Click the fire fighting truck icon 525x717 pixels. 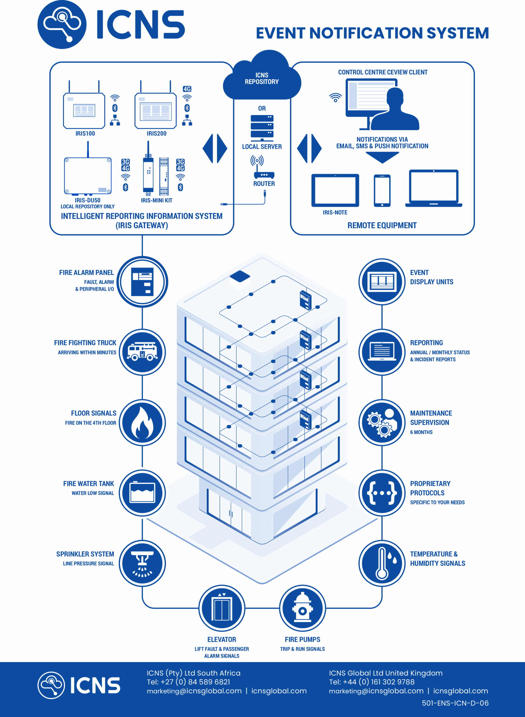(x=142, y=352)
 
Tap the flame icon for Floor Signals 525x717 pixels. (x=142, y=423)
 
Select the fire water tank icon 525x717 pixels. (x=142, y=493)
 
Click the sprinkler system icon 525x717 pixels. (x=142, y=563)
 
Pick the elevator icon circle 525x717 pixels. (x=222, y=608)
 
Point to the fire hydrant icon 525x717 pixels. (x=302, y=608)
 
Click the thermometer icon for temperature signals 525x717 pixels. (x=382, y=563)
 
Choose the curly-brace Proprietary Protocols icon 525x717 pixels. (x=382, y=493)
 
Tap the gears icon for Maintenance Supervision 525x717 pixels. (x=382, y=423)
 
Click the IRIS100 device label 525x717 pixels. (x=85, y=134)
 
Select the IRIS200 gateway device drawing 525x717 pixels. (x=156, y=110)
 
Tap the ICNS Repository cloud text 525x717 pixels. (x=262, y=78)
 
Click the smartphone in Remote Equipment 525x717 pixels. (x=382, y=190)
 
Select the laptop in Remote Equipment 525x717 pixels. (x=434, y=188)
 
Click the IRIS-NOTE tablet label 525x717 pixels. (x=335, y=212)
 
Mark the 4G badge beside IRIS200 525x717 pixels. (x=187, y=89)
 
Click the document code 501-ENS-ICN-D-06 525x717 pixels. (x=455, y=703)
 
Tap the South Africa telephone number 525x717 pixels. (x=188, y=682)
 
